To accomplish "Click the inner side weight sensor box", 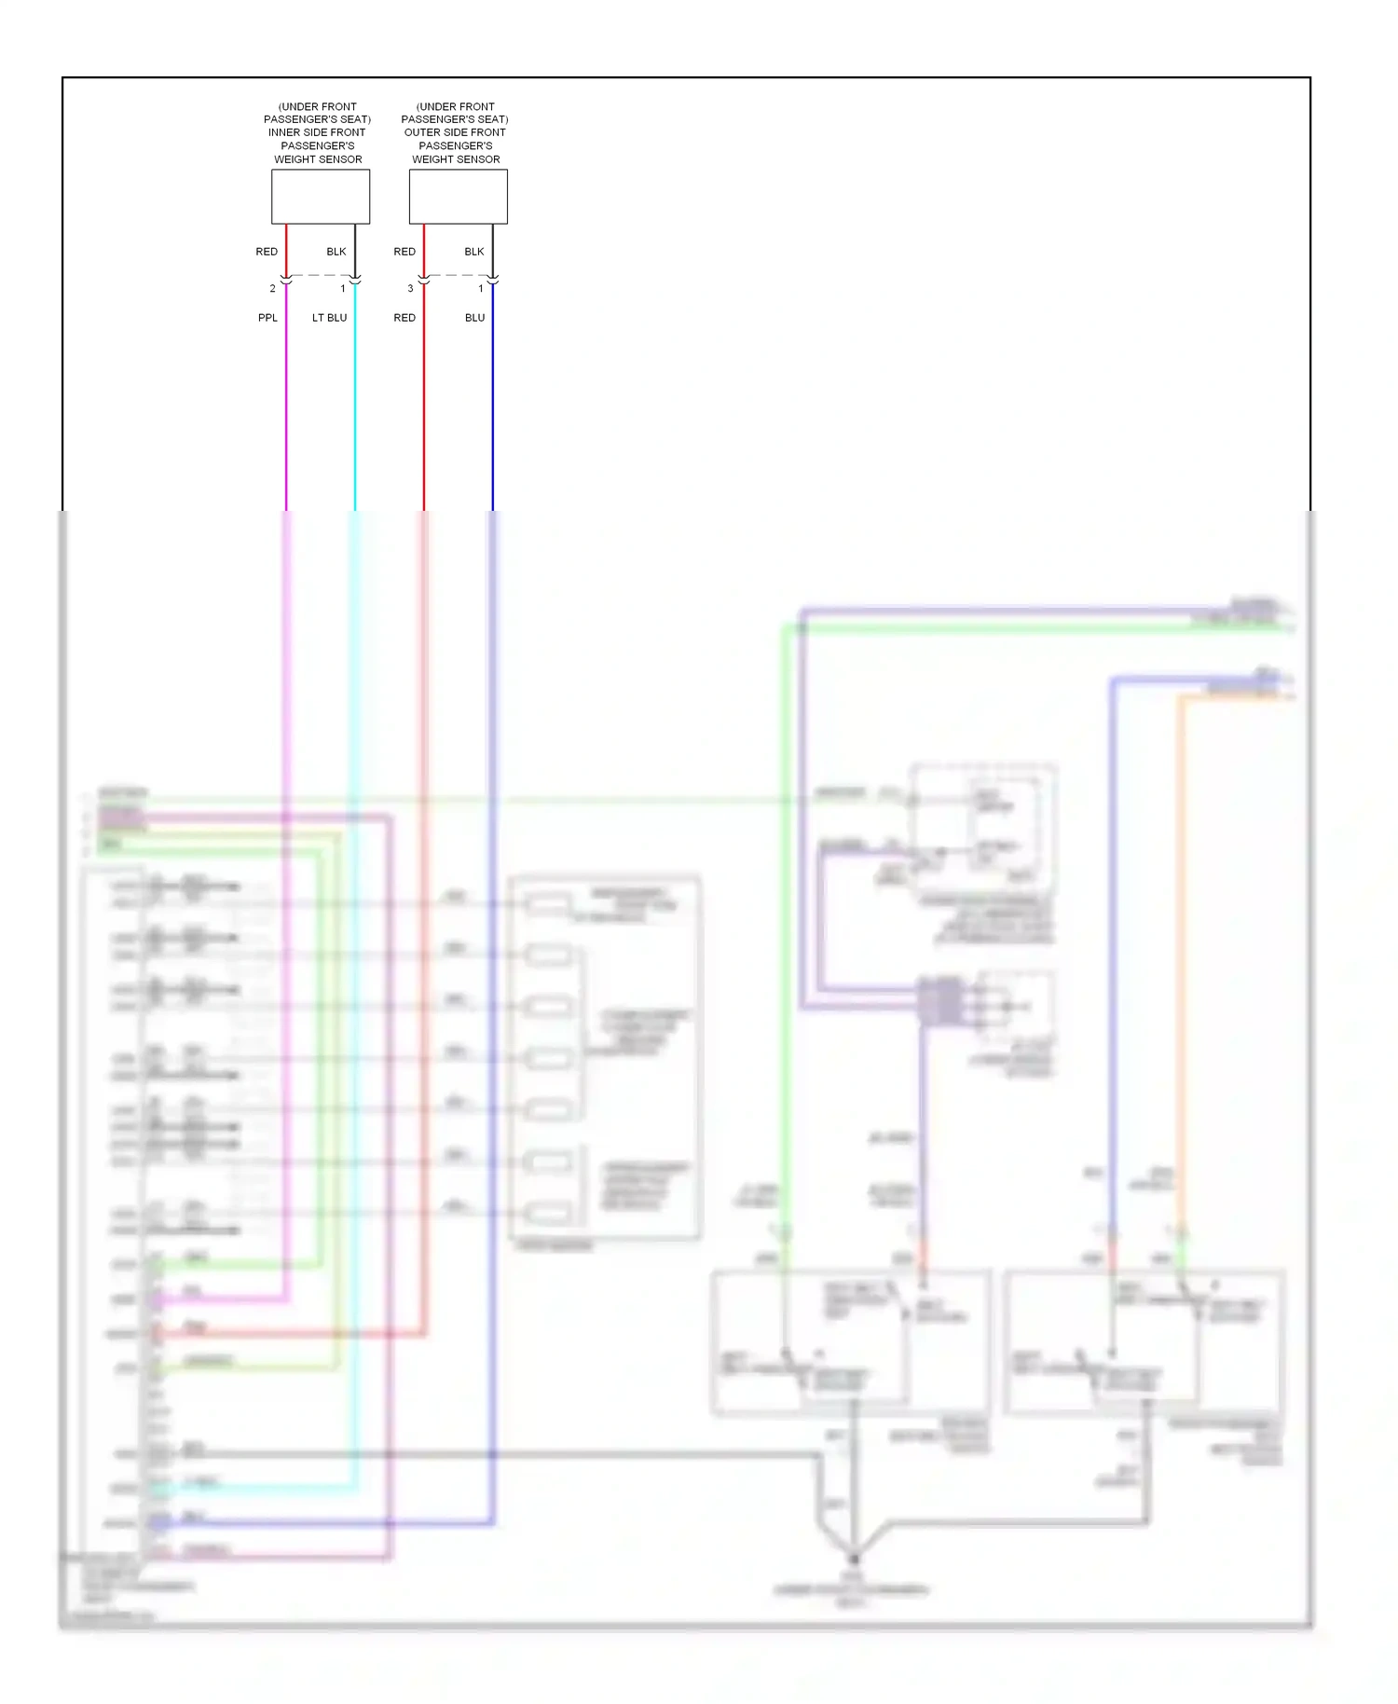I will tap(320, 197).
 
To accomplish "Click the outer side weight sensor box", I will tap(458, 197).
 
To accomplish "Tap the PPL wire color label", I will tap(267, 318).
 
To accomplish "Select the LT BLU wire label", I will tap(329, 318).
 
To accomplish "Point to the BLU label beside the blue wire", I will tap(474, 318).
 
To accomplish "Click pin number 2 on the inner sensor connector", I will tap(272, 289).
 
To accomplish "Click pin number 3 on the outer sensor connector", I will tap(410, 289).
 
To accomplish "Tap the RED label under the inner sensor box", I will tap(267, 252).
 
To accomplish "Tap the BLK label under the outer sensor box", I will tap(473, 252).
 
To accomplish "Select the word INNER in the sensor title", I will tap(283, 132).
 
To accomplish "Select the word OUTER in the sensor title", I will tap(421, 132).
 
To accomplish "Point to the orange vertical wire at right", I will tap(1180, 932).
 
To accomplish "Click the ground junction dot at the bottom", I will tap(853, 1558).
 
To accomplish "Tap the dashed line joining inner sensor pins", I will tap(320, 275).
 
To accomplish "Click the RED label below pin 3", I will tap(404, 318).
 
